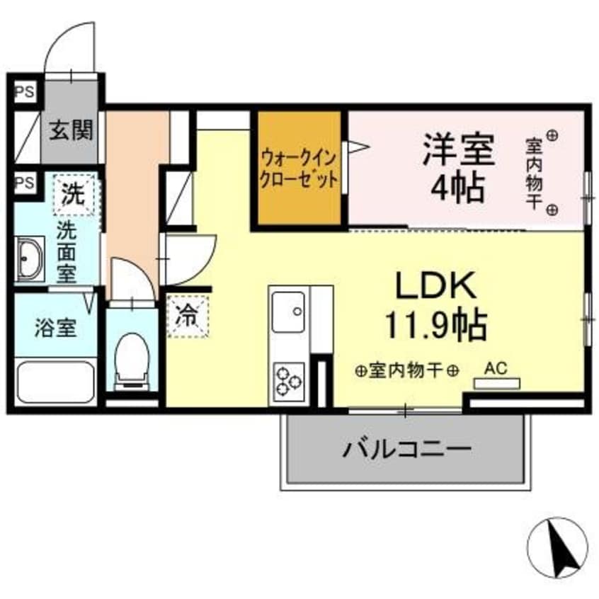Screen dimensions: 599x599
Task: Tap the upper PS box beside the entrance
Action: tap(25, 91)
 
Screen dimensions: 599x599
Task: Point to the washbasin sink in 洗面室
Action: tap(30, 258)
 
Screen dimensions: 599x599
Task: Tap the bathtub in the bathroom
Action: tap(55, 382)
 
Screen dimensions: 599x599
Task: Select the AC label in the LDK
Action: tap(495, 368)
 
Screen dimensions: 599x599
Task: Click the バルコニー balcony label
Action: tap(408, 449)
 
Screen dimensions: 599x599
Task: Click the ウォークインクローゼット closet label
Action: tap(298, 167)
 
